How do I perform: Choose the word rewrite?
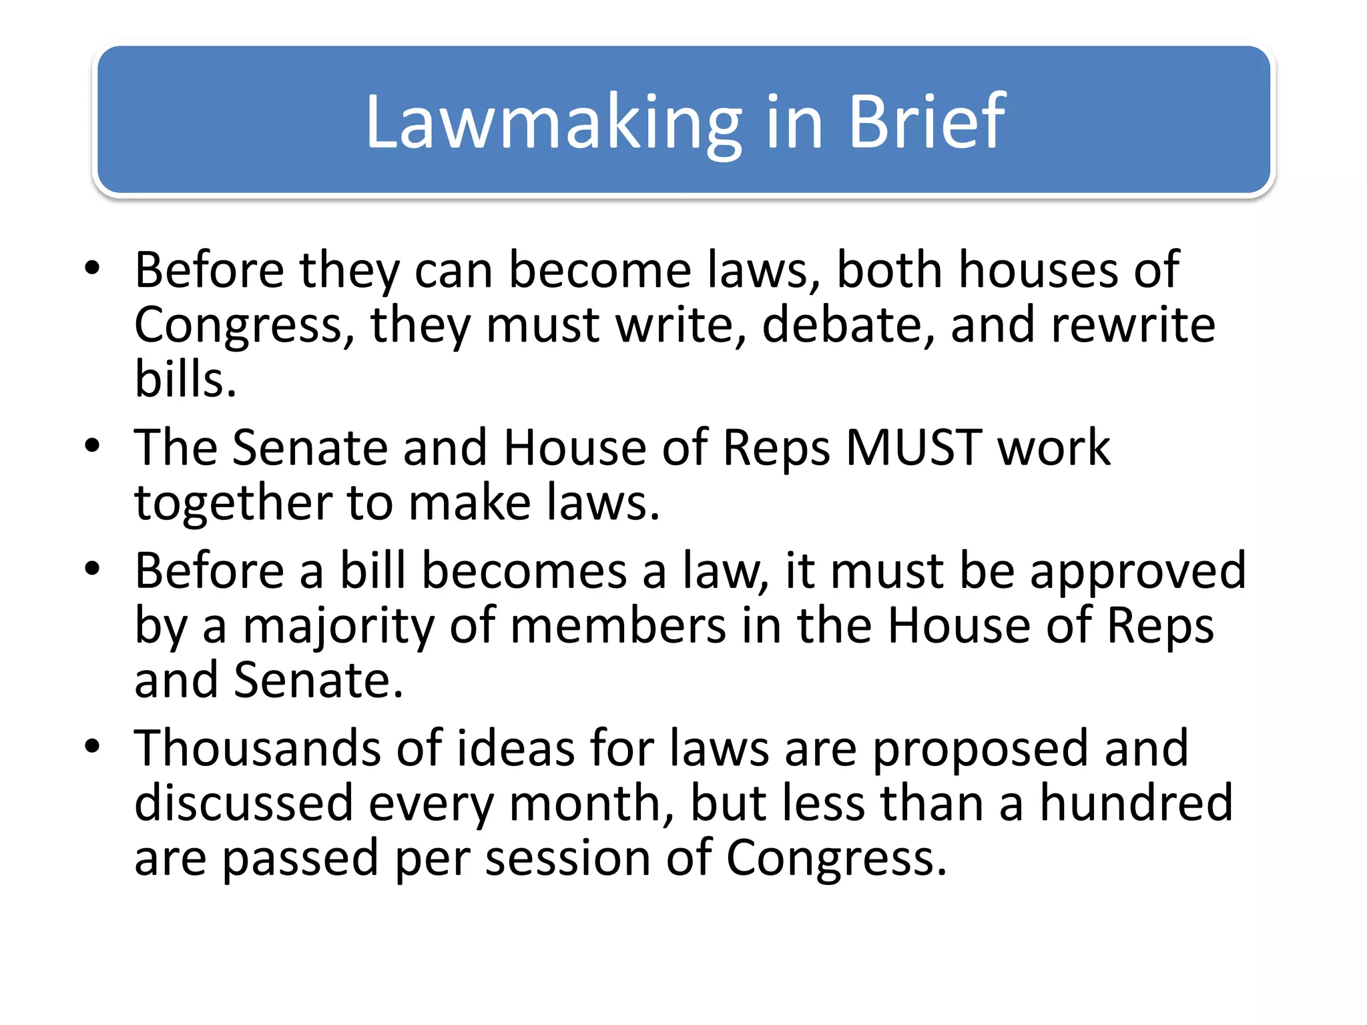tap(1133, 325)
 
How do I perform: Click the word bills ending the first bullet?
tap(185, 379)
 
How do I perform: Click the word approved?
tap(1137, 571)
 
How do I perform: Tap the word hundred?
tap(1136, 802)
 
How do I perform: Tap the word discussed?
tap(244, 802)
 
